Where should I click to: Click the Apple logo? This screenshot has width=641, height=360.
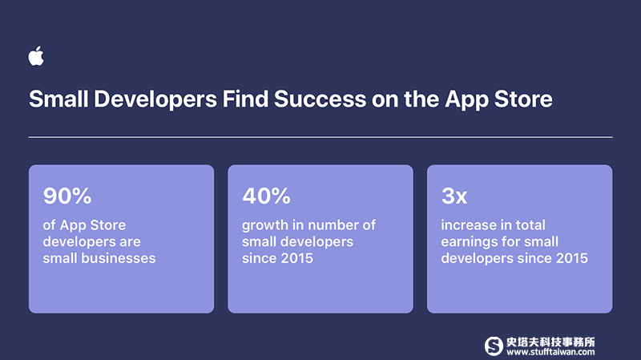36,55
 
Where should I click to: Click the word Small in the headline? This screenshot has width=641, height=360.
58,99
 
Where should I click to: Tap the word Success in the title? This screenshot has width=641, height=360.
320,99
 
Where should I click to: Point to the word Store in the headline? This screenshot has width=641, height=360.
523,99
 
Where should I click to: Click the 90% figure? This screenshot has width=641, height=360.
67,196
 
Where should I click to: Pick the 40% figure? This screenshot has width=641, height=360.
266,196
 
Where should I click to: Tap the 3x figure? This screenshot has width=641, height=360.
454,196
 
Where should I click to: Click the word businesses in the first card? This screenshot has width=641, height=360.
119,258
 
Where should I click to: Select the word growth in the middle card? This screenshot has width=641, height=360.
265,226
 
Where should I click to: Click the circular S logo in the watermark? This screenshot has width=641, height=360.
494,346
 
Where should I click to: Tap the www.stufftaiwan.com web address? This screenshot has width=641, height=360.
550,352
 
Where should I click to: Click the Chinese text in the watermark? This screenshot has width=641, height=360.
550,342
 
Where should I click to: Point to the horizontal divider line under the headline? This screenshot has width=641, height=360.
320,137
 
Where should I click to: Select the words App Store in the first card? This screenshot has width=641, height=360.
93,226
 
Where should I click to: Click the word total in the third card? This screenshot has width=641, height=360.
530,225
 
